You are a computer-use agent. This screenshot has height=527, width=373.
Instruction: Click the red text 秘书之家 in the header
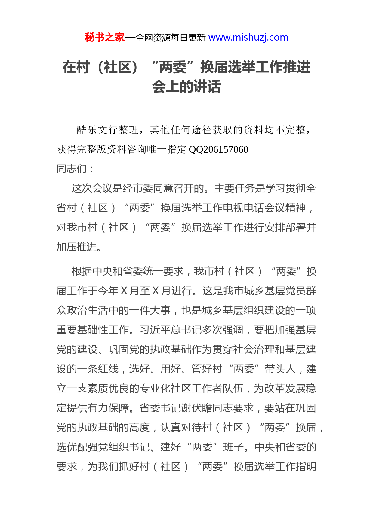click(x=104, y=38)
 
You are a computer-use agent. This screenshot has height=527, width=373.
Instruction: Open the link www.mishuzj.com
click(x=248, y=38)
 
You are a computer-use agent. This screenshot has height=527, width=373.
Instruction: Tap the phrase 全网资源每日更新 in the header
click(x=171, y=38)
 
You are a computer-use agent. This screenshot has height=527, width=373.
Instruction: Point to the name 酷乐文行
click(x=97, y=130)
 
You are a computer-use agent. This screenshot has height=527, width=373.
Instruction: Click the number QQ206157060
click(x=218, y=149)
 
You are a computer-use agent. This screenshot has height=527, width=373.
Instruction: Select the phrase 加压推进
click(x=77, y=247)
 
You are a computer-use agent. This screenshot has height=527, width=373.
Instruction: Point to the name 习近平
click(x=155, y=330)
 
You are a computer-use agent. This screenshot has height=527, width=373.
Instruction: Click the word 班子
click(x=233, y=447)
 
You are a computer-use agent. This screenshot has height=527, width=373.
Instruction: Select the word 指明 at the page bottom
click(x=306, y=467)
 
